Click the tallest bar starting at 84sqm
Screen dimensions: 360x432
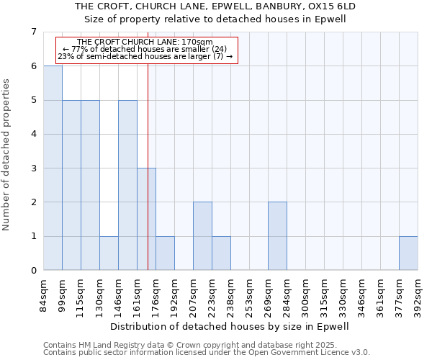[53, 168]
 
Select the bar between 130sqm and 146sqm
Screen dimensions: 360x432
[109, 253]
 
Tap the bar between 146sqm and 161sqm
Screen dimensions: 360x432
[127, 185]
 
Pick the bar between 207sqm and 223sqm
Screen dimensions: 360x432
[202, 236]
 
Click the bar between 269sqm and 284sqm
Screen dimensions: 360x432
[277, 236]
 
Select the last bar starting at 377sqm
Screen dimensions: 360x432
[408, 253]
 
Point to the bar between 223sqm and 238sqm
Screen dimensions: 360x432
[221, 253]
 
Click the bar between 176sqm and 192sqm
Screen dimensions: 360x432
[165, 253]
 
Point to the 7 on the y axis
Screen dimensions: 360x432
[33, 32]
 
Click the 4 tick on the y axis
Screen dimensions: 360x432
[33, 134]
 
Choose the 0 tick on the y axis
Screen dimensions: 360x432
[33, 271]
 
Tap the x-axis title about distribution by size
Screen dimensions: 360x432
[230, 326]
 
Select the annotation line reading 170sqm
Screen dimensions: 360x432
[145, 42]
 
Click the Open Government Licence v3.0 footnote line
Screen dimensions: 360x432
[207, 353]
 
